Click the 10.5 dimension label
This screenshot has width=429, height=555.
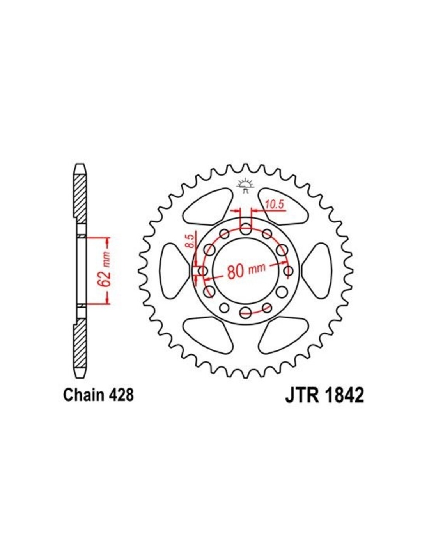click(275, 205)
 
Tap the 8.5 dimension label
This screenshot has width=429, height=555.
click(191, 241)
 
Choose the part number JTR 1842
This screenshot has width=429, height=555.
click(324, 395)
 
